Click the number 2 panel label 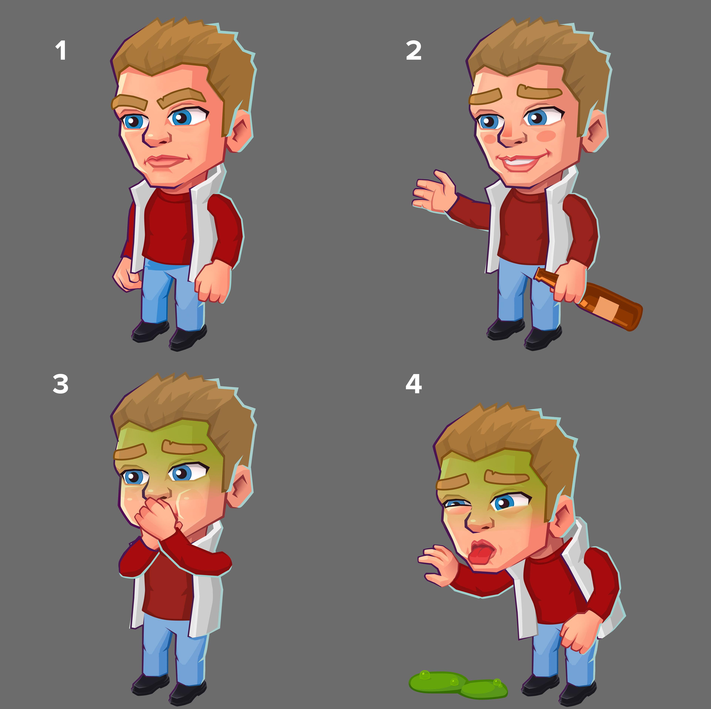414,50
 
